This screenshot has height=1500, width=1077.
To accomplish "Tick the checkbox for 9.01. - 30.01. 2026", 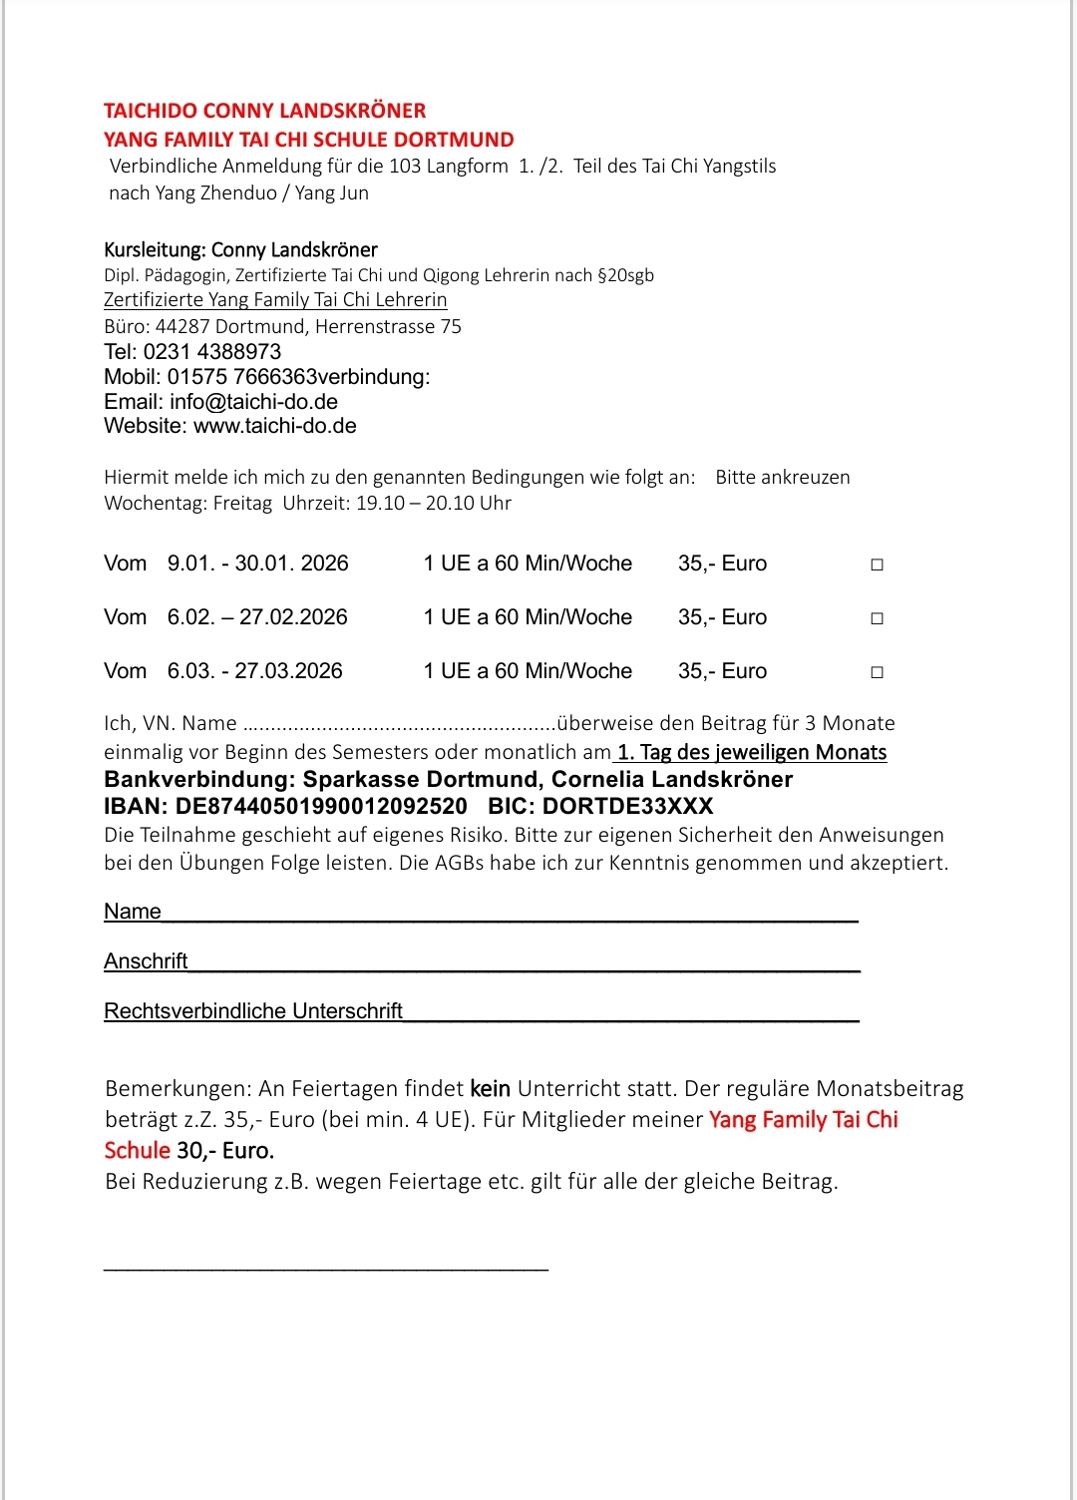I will click(877, 564).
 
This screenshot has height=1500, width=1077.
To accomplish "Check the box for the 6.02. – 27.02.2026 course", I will click(877, 618).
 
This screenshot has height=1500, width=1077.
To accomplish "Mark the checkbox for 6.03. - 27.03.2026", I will click(877, 672).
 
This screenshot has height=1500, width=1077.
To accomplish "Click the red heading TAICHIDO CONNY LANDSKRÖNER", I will click(264, 111).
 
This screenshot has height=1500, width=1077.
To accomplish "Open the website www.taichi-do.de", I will click(274, 426).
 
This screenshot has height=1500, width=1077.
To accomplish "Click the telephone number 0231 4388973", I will click(212, 352).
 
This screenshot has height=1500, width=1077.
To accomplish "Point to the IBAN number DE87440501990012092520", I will click(321, 806).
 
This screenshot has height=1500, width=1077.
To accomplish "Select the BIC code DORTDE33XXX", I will click(628, 806).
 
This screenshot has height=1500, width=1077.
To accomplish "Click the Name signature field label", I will click(133, 912).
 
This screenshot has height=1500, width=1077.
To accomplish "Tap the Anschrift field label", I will click(146, 961).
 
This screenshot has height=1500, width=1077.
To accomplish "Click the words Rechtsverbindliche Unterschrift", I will click(253, 1011).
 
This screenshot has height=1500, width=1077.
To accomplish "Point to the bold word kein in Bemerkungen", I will click(490, 1089).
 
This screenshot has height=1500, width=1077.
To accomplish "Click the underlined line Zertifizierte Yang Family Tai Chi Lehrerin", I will click(275, 300).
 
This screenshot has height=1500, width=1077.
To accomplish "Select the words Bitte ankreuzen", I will click(783, 478).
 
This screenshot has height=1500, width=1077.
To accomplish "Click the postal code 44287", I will click(182, 327).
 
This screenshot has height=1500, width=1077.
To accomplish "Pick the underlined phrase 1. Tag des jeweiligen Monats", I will click(752, 752).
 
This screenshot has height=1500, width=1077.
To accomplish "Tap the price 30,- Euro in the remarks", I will click(225, 1151).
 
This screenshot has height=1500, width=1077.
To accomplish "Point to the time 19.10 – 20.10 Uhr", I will click(434, 504).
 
